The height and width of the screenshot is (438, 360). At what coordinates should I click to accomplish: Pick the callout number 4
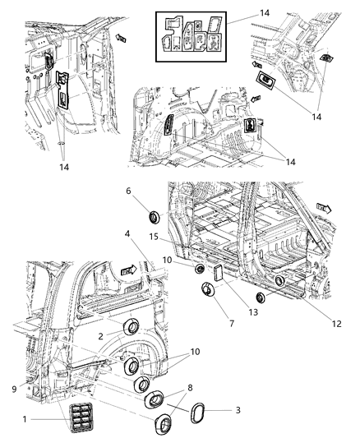[127, 235]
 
